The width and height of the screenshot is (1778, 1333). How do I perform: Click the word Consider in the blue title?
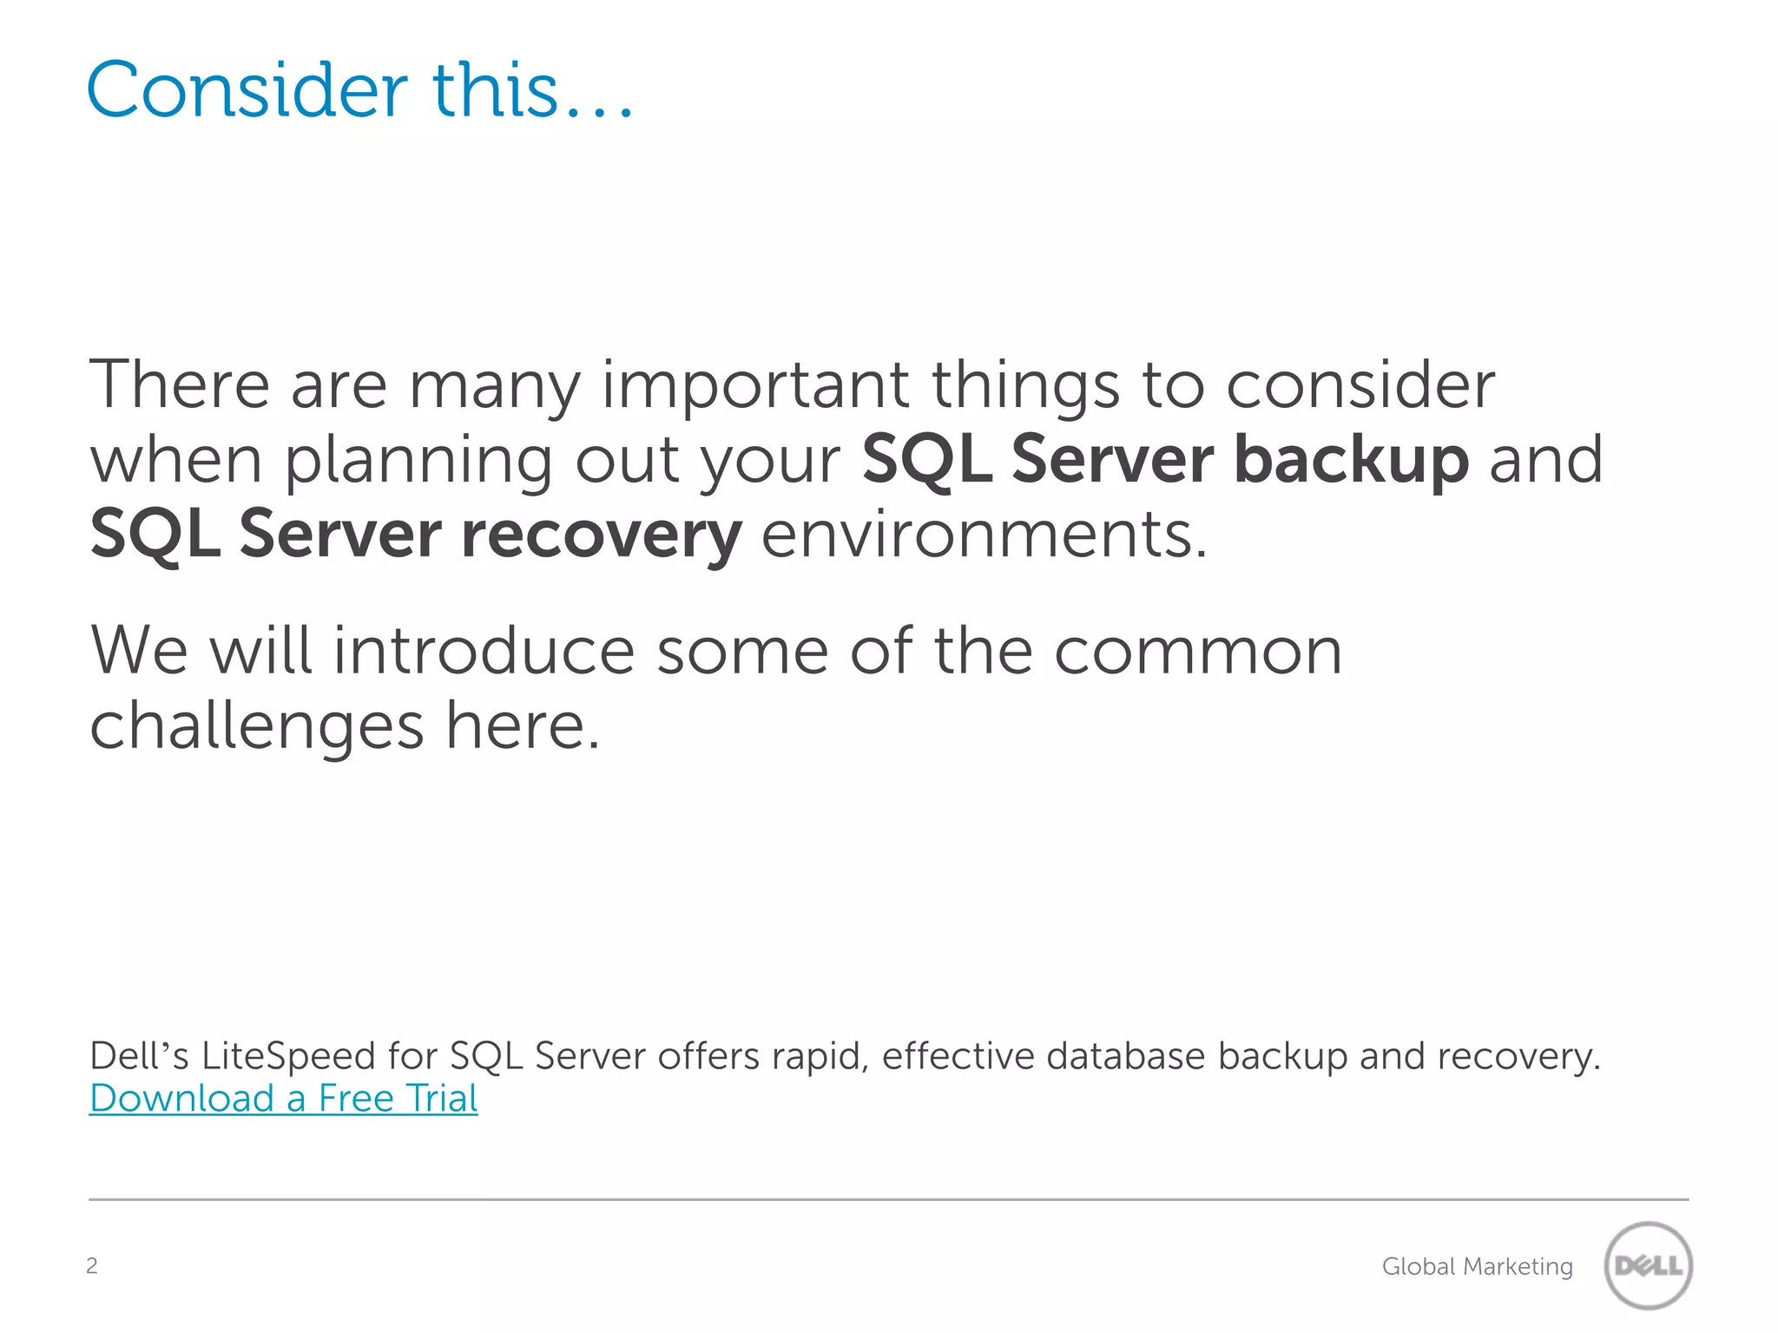(x=247, y=89)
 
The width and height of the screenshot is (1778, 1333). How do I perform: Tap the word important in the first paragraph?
(x=755, y=385)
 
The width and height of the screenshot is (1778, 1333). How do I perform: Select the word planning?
(x=418, y=462)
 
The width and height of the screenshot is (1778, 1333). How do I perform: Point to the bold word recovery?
(x=601, y=535)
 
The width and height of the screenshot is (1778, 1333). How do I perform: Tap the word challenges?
(x=257, y=727)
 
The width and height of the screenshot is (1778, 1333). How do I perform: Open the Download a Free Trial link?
(x=283, y=1098)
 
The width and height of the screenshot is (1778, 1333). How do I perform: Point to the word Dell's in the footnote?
(x=139, y=1055)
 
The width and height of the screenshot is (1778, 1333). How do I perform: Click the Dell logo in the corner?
(x=1647, y=1265)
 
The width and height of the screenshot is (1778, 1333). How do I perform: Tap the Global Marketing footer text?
(x=1477, y=1266)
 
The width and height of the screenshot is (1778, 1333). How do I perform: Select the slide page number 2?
(x=92, y=1265)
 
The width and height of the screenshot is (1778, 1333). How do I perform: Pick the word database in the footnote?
(x=1126, y=1055)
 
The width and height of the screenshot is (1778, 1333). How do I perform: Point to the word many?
(x=494, y=387)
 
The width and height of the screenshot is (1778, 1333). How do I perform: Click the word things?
(x=1025, y=387)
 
